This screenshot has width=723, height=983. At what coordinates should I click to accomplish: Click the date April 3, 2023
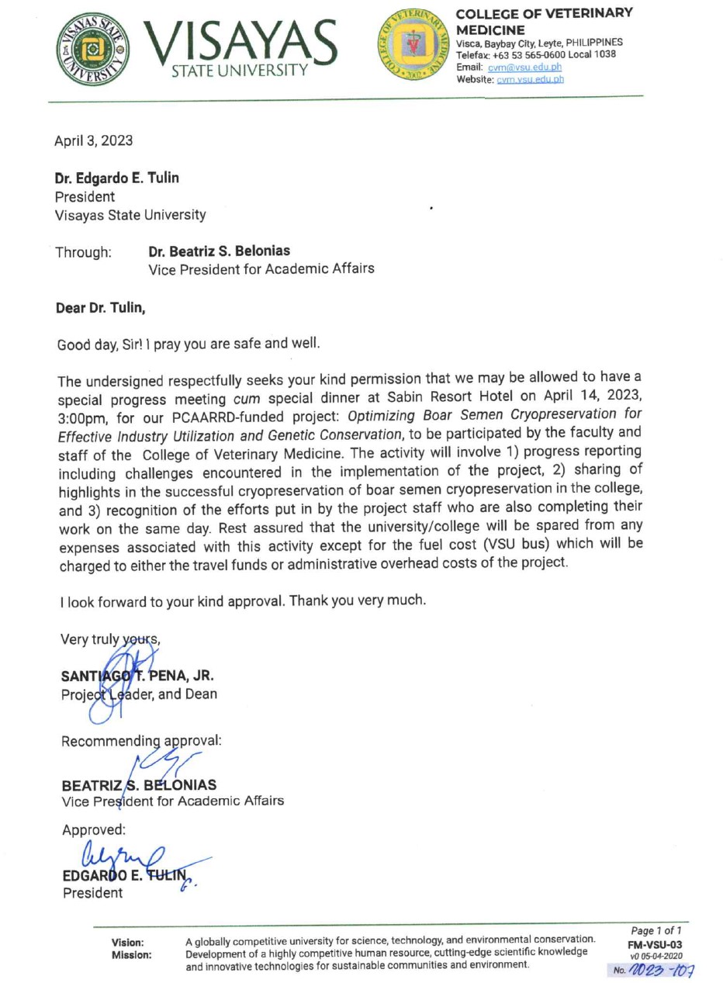pos(93,140)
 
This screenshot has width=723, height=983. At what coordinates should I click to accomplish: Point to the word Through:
pos(84,252)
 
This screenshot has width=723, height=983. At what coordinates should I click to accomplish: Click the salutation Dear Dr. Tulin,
pos(101,308)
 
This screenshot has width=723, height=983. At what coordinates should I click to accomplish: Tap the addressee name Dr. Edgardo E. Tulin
pos(116,178)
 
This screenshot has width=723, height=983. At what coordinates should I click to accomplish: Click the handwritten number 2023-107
pos(663,970)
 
